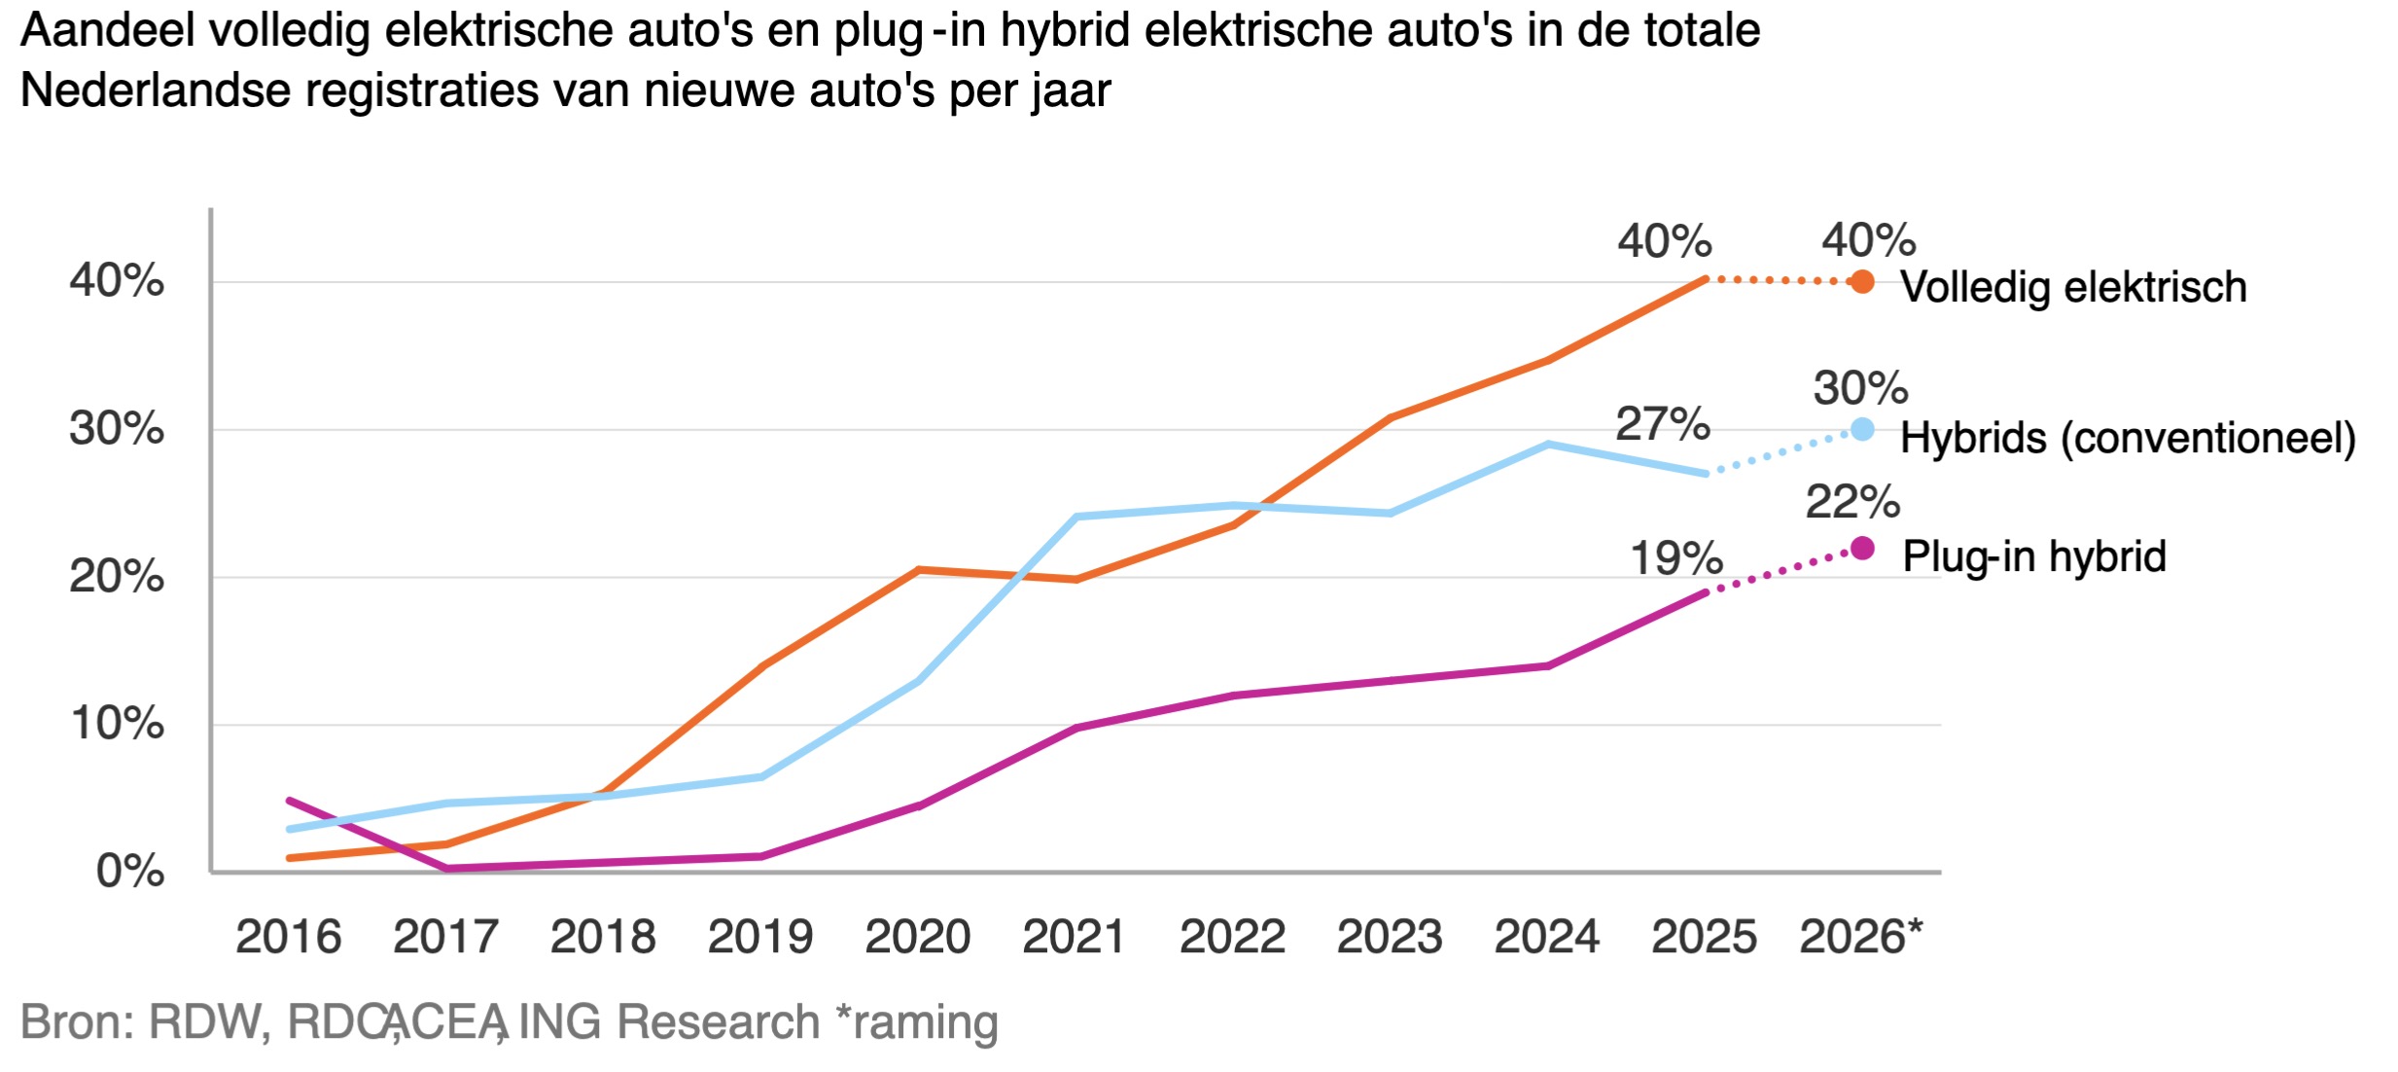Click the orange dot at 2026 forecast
1861,282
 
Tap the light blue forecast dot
1861,429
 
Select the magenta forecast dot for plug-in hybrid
1861,549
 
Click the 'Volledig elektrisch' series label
2073,287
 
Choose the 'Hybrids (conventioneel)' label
2128,438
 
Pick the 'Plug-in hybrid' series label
2034,556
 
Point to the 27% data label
1662,424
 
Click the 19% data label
1675,558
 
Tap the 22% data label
1852,503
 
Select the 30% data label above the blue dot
1860,388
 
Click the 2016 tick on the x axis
289,937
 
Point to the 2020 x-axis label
918,937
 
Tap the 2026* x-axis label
1860,937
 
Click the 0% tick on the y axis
130,871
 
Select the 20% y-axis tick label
117,577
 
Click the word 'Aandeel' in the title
108,31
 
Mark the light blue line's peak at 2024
1547,445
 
